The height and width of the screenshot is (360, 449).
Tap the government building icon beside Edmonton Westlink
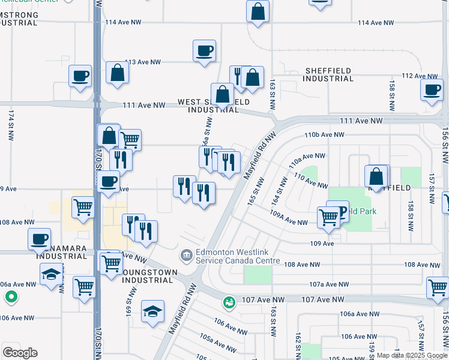[x=187, y=256]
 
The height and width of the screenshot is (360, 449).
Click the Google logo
[x=20, y=353]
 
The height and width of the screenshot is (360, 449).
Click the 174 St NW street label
[x=11, y=125]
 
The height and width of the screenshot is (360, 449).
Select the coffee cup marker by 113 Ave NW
[x=204, y=50]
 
